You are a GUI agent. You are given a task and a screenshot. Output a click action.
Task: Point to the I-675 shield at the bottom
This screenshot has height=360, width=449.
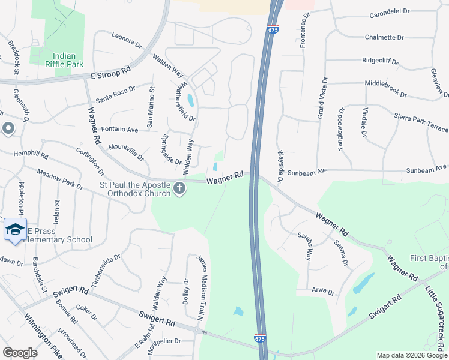[x=260, y=340]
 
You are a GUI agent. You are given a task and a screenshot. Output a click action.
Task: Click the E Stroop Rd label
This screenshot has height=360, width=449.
[x=110, y=71]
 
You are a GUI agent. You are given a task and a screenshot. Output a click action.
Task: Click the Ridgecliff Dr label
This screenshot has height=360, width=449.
[x=385, y=61]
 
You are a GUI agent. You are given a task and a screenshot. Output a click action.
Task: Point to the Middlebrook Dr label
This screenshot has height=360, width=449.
[x=385, y=90]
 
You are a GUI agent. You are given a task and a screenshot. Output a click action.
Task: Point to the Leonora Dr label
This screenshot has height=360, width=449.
[x=126, y=40]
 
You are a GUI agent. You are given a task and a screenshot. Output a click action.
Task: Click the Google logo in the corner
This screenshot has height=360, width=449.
[x=20, y=352]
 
